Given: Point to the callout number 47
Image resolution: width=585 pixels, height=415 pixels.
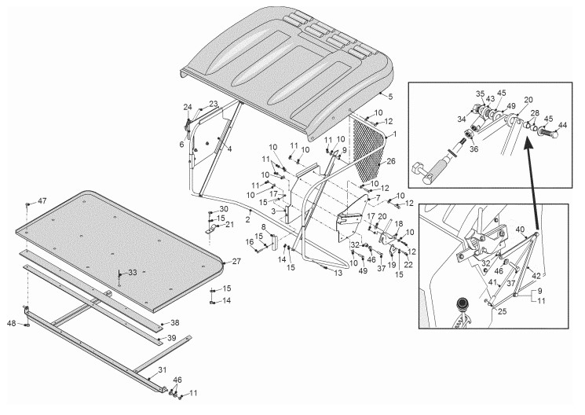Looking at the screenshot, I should (42, 202).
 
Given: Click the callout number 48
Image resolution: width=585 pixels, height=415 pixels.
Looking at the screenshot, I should (12, 322).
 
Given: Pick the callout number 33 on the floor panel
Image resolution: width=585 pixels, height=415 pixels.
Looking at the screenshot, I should (131, 272).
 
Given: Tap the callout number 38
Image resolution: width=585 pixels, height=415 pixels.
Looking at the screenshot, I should (174, 322).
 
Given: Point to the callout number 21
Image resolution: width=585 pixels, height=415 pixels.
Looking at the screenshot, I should (229, 225).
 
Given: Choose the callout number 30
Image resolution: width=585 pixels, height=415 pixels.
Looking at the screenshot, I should (223, 208).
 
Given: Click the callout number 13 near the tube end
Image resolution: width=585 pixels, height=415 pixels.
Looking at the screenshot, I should (338, 273).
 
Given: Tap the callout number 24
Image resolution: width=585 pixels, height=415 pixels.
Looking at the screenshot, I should (188, 107).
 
